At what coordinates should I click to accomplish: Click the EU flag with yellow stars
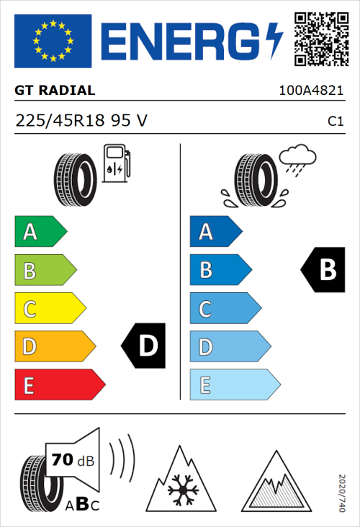coord(53,40)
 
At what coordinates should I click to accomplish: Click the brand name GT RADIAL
coord(55,91)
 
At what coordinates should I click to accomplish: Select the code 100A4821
coord(311,91)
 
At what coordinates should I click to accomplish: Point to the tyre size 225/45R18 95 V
coord(81,121)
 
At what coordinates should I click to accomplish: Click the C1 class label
coord(335,122)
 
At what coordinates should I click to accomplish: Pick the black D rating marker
coord(144,346)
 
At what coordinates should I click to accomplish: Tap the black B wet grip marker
coord(323,270)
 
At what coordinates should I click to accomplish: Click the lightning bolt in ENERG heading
coord(274,40)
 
